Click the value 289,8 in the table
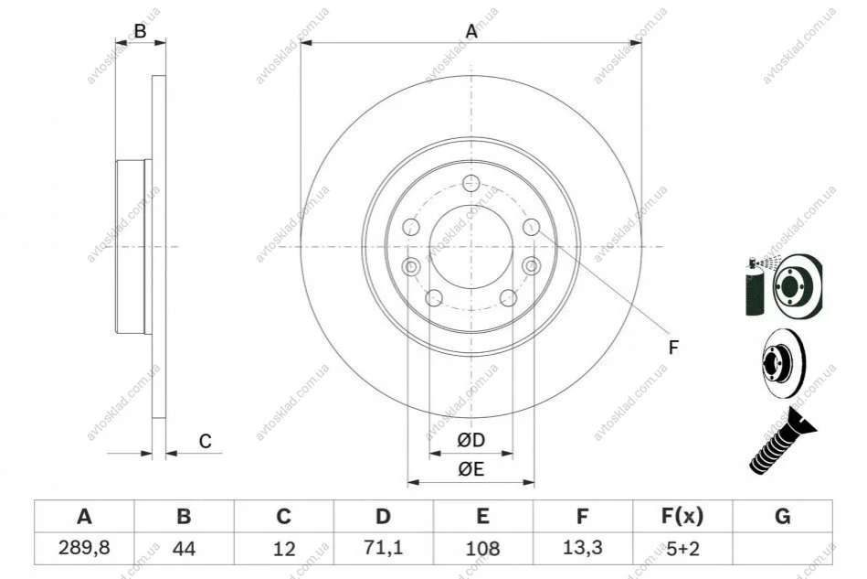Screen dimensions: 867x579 click(84, 548)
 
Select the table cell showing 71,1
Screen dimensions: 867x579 click(383, 548)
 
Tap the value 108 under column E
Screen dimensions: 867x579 click(482, 549)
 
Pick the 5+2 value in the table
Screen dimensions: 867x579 click(682, 549)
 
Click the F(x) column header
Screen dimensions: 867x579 click(682, 517)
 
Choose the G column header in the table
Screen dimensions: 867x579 click(782, 517)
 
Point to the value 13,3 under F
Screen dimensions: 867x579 click(582, 548)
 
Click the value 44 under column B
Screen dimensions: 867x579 click(184, 549)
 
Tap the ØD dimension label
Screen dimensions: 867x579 click(471, 440)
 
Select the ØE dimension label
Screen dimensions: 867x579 click(471, 469)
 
